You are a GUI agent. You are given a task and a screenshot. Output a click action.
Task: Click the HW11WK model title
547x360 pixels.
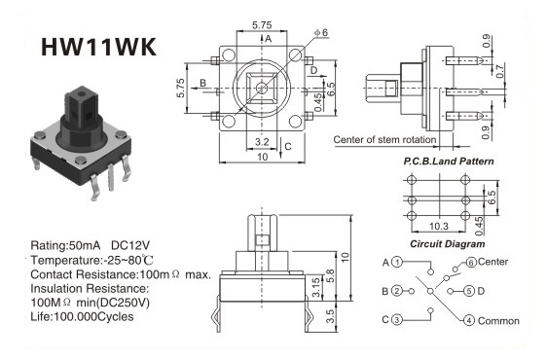pyautogui.click(x=98, y=47)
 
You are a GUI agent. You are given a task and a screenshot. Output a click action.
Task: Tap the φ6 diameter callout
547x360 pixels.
pyautogui.click(x=321, y=32)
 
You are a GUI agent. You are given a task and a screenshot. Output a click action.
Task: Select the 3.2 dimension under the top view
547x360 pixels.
pyautogui.click(x=262, y=142)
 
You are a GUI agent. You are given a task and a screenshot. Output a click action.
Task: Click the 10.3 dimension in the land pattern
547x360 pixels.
pyautogui.click(x=439, y=227)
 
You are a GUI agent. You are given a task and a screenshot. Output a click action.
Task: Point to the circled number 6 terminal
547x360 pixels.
pyautogui.click(x=471, y=263)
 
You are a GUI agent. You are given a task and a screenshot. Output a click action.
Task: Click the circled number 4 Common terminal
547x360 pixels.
pyautogui.click(x=469, y=320)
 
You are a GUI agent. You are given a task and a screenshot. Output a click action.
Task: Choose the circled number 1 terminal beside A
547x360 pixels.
pyautogui.click(x=397, y=262)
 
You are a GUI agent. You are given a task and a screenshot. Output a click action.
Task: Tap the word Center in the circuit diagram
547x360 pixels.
pyautogui.click(x=492, y=262)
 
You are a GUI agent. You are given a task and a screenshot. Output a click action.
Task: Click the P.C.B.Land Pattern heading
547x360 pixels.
pyautogui.click(x=449, y=162)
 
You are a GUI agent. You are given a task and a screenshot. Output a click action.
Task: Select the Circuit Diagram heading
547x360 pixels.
pyautogui.click(x=447, y=244)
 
